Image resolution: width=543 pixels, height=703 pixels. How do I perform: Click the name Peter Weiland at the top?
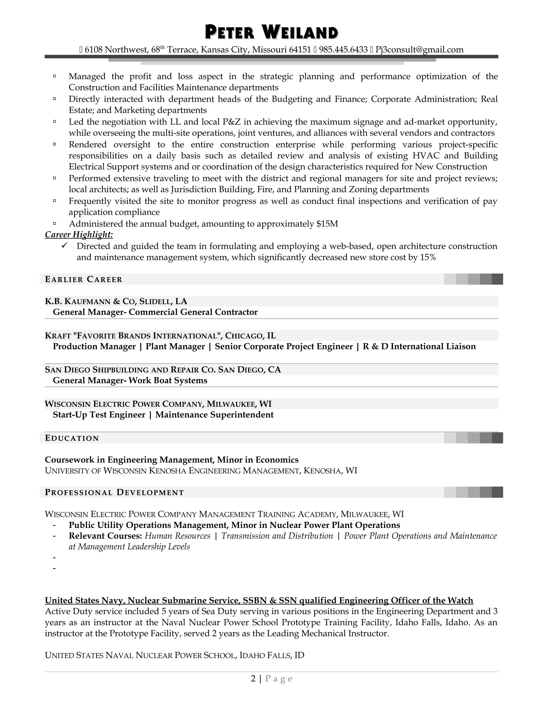click(271, 33)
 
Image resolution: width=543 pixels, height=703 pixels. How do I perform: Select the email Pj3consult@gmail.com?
click(419, 50)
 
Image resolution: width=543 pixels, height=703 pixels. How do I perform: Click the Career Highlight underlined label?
click(79, 235)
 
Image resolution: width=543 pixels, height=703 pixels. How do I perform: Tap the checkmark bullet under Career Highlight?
click(64, 246)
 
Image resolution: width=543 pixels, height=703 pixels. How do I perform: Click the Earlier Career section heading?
click(84, 279)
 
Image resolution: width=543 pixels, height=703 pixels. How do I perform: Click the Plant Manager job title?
click(175, 346)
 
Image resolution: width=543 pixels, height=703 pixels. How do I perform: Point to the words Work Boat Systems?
click(168, 380)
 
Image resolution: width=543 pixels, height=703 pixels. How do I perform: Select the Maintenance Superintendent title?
click(214, 415)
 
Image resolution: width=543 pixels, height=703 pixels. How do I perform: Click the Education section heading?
click(72, 438)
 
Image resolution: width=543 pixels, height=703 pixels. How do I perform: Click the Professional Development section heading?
click(114, 492)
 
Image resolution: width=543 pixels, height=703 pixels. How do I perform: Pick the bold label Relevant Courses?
click(105, 536)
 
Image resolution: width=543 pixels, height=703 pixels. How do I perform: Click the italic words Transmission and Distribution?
click(277, 536)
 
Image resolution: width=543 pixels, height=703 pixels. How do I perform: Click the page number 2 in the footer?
click(253, 679)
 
